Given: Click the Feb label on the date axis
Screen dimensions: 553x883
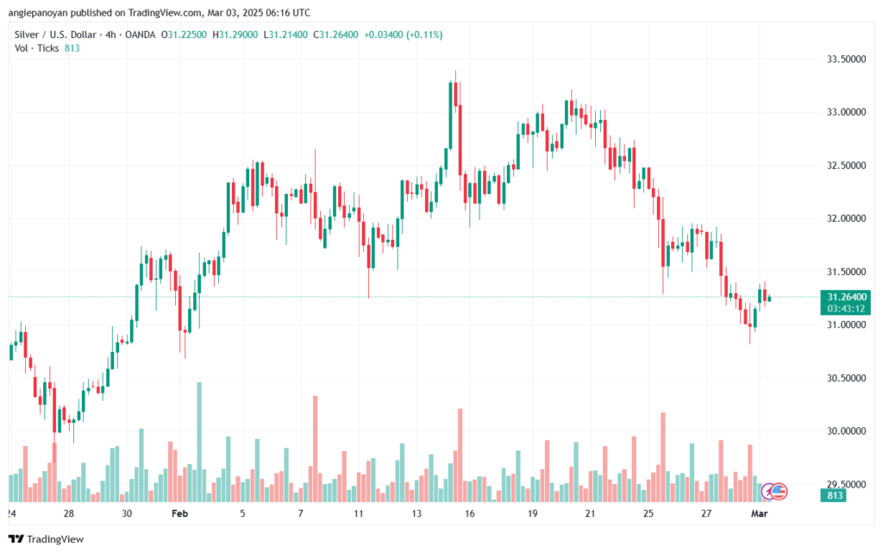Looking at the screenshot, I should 179,513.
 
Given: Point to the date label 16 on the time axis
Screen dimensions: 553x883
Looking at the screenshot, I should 470,513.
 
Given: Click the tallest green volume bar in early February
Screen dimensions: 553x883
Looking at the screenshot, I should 199,441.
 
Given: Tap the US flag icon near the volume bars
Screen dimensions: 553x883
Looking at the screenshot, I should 779,490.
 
